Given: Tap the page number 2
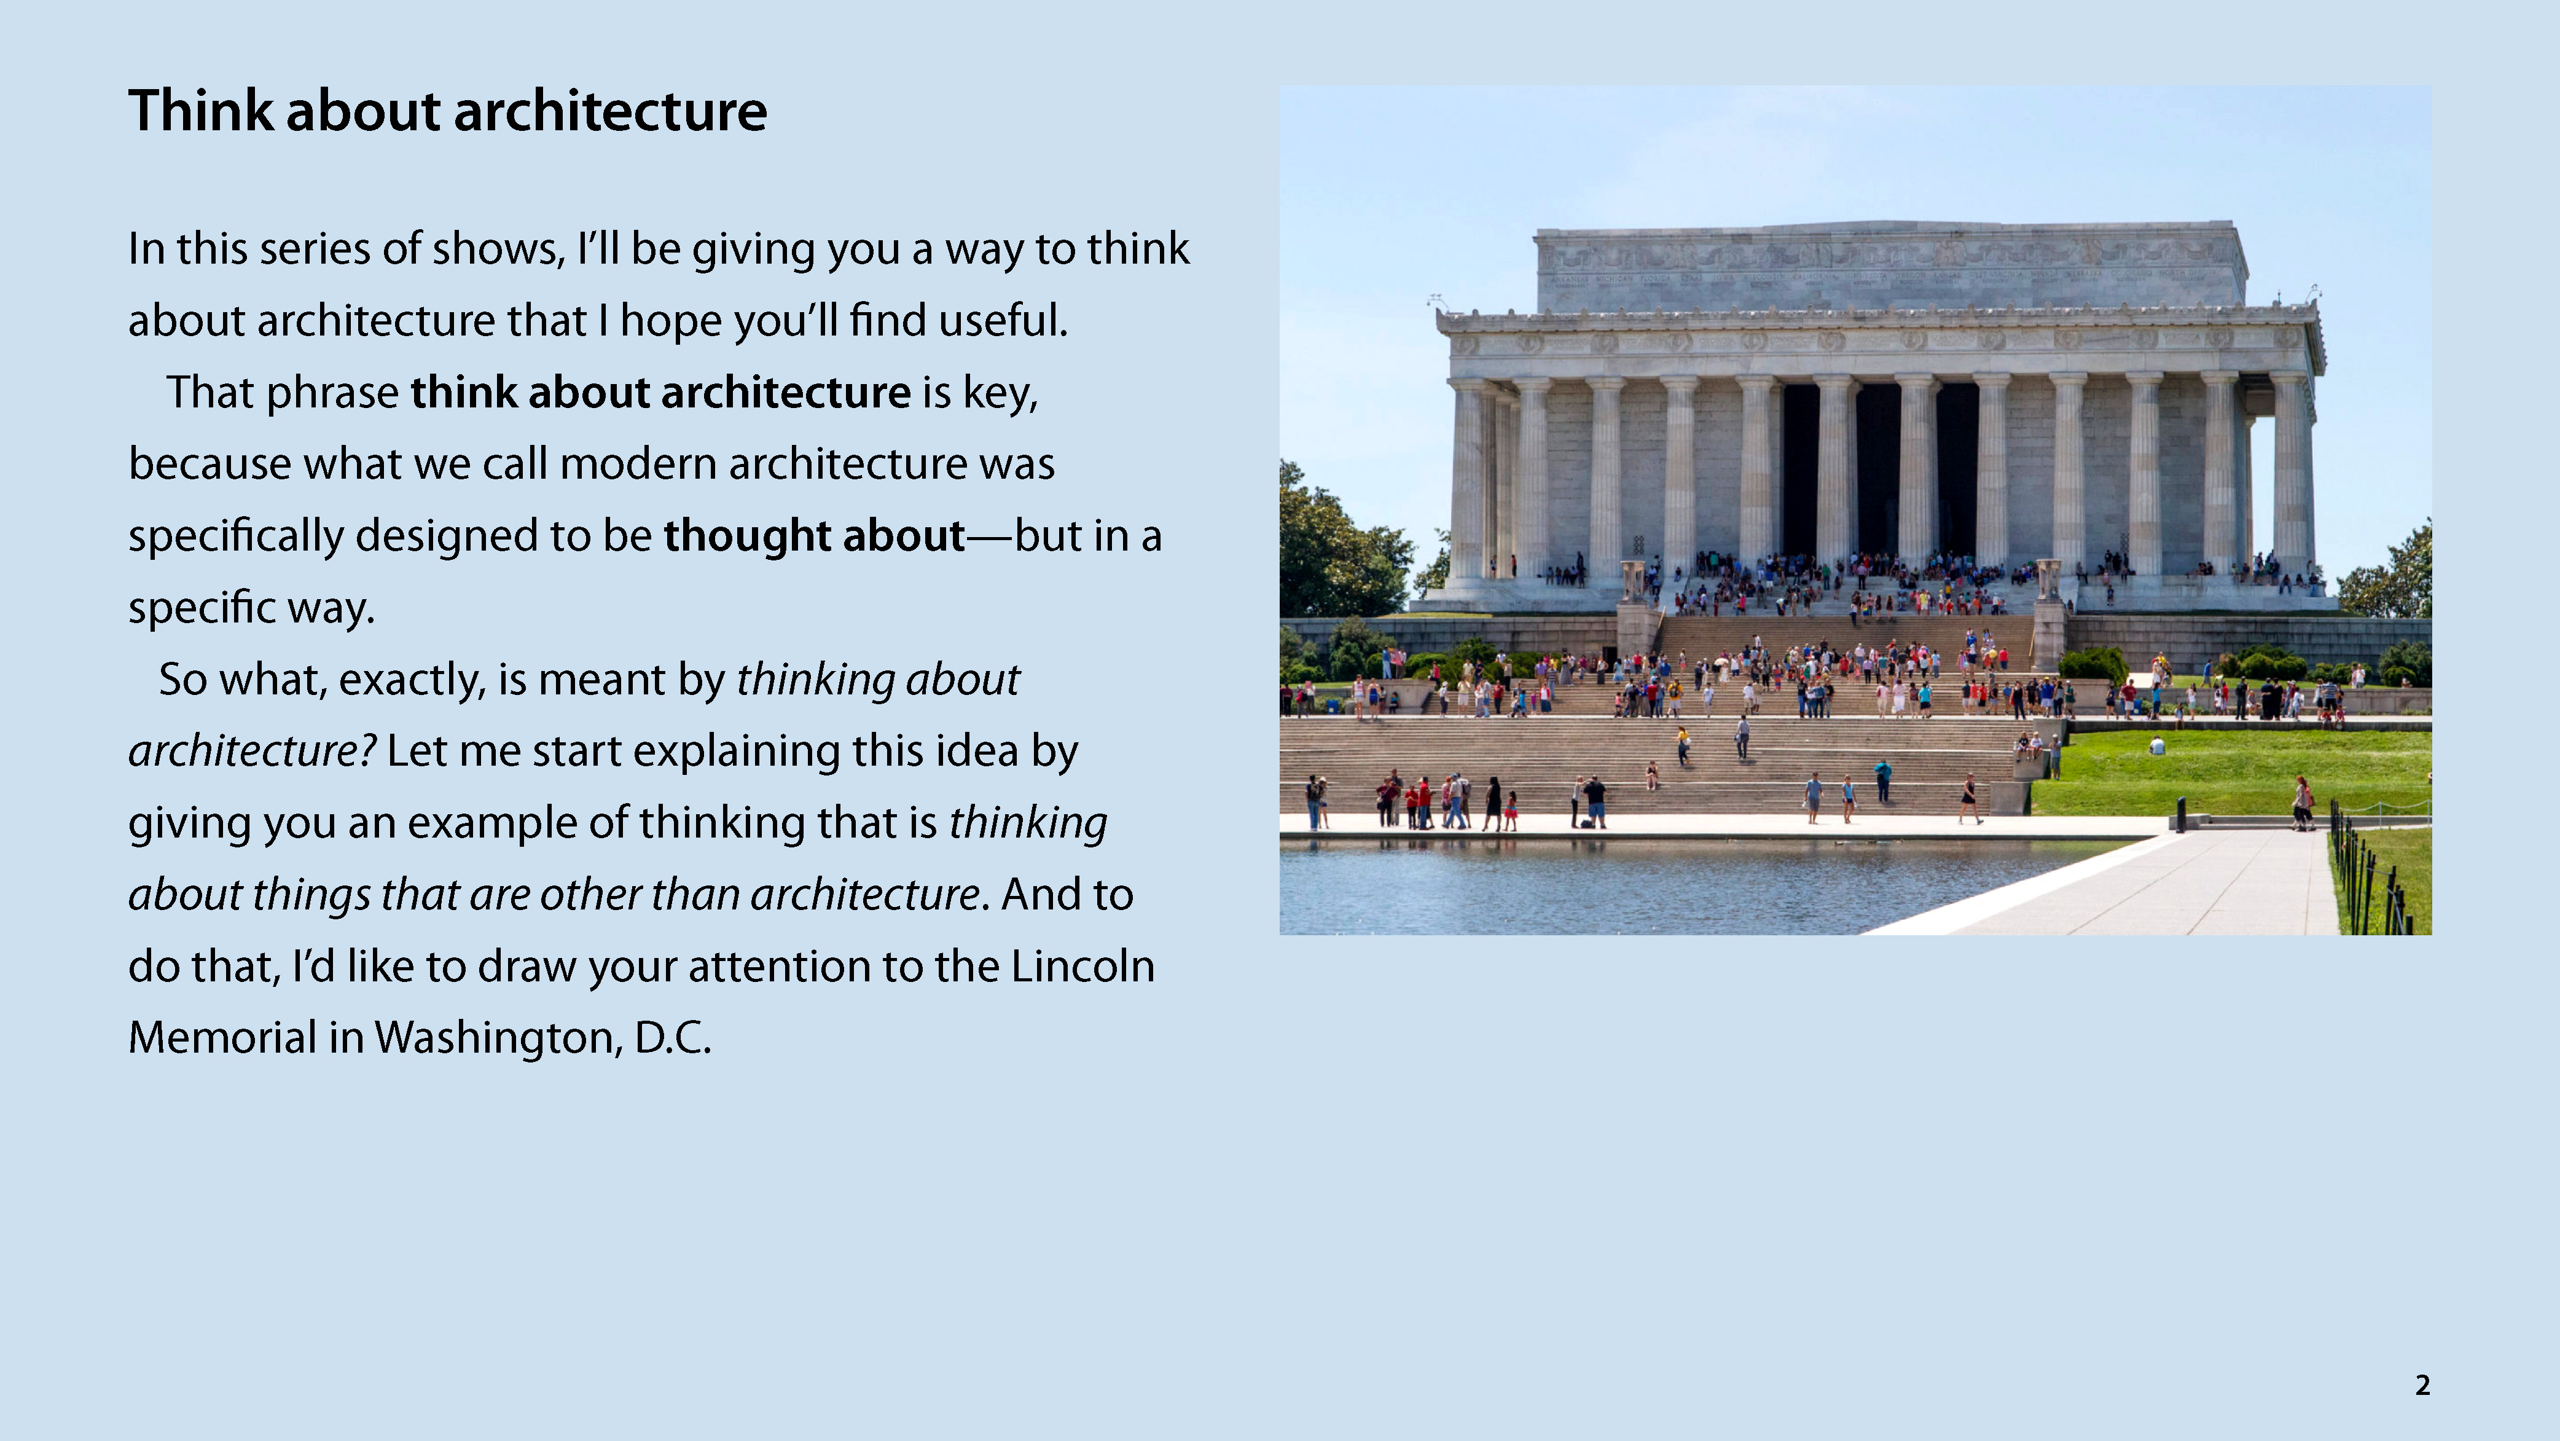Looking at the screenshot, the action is point(2422,1384).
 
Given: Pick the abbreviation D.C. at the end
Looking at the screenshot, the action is point(673,1037).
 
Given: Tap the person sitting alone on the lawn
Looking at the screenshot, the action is point(2158,745).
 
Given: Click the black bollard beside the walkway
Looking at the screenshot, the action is point(2182,815).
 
